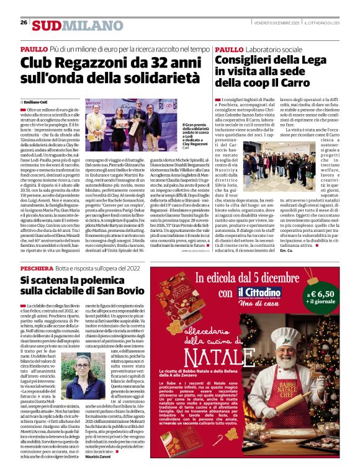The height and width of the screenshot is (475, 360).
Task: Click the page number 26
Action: pos(24,22)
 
